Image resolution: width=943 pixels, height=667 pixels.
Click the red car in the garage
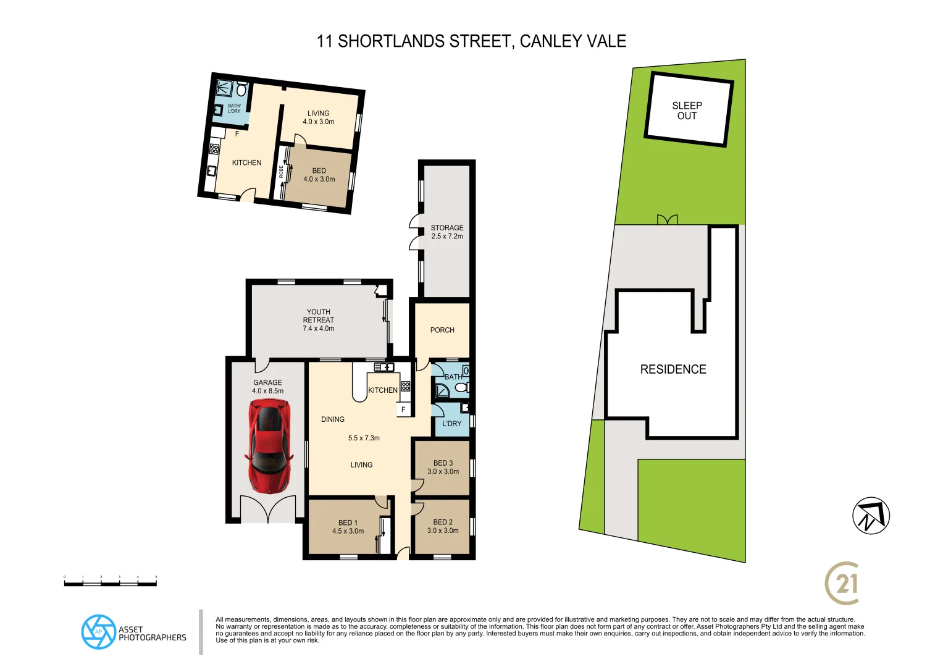click(269, 446)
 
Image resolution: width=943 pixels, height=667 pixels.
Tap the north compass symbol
click(871, 516)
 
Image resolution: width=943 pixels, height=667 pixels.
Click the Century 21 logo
click(842, 583)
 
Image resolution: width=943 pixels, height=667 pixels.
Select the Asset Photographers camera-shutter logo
click(98, 632)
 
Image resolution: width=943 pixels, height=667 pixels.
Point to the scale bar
click(111, 582)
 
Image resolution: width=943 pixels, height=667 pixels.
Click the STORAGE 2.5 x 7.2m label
click(447, 232)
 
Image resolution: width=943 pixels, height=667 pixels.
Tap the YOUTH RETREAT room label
click(319, 320)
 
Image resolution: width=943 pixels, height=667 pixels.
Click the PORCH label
click(442, 330)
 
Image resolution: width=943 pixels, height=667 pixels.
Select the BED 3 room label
click(443, 467)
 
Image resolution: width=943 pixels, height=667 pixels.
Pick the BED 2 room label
click(443, 526)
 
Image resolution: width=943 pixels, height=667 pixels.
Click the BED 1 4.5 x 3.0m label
click(348, 527)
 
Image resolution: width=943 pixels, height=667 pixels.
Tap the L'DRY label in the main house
click(452, 424)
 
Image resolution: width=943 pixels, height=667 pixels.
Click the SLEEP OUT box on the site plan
click(688, 110)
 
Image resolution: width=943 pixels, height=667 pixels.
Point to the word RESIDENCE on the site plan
click(673, 369)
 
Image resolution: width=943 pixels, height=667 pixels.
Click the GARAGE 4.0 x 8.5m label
click(267, 387)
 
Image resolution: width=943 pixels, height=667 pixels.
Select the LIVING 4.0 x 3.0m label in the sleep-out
click(319, 117)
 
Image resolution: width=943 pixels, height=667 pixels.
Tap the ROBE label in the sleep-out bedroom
click(282, 171)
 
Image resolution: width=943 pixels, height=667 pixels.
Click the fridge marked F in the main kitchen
click(403, 409)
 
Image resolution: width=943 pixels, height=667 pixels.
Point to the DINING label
click(333, 419)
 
